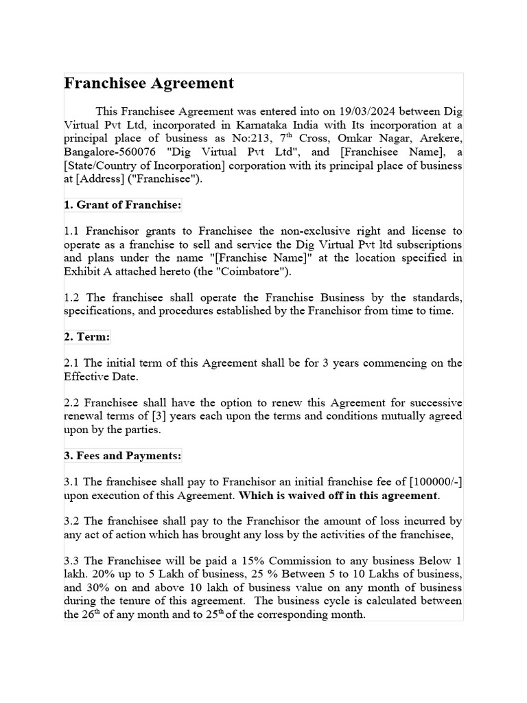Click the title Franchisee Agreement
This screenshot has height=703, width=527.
tap(149, 84)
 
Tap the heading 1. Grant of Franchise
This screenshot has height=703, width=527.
tap(123, 205)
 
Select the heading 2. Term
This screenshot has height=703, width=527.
tap(87, 337)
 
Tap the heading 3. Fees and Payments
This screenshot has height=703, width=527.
tap(123, 455)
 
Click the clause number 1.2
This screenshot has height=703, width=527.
tap(73, 297)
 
